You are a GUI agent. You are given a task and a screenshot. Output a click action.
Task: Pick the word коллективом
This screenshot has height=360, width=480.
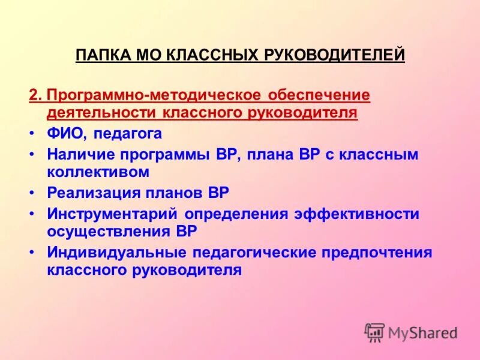98,172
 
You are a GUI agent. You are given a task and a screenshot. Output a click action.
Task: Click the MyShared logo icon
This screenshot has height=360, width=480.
374,332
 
